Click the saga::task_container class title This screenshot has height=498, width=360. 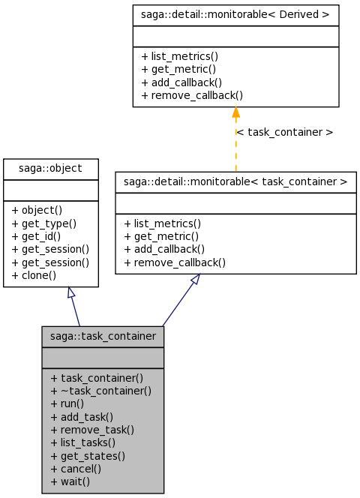coord(103,336)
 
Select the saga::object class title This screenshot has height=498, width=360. coord(50,168)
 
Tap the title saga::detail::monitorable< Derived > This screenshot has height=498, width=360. coord(235,14)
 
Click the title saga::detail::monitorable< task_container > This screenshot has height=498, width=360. coord(235,181)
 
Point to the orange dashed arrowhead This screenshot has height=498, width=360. coord(235,112)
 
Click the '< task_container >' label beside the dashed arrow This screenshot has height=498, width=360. coord(285,132)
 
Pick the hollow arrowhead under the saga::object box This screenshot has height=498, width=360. coord(70,292)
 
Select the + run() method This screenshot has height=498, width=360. coord(67,403)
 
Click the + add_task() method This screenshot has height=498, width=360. coord(82,417)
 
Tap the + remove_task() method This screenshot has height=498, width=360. coord(92,430)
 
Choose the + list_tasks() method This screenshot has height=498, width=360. coord(82,442)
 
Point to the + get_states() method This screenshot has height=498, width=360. coord(88,456)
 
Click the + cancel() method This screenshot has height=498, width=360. coord(76,469)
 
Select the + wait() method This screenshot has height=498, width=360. coord(70,481)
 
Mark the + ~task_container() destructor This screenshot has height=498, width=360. coord(100,391)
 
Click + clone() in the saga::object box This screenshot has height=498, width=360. coord(34,275)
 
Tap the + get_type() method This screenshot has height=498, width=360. coord(43,223)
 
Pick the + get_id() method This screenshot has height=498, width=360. coord(36,236)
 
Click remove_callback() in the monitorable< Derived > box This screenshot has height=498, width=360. coord(197,95)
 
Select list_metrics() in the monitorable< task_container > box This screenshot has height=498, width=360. coord(167,223)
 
